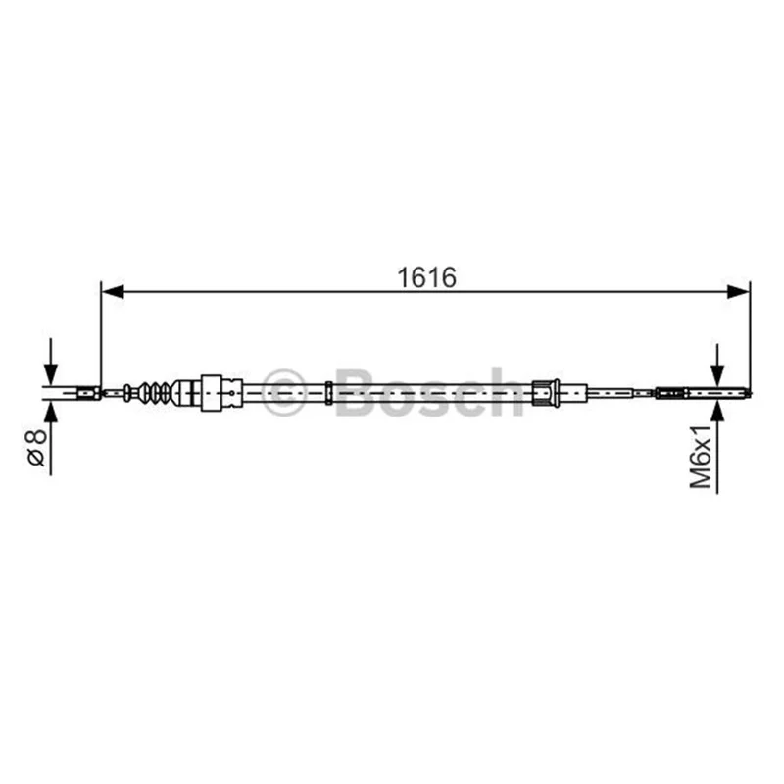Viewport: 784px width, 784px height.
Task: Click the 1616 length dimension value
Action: click(426, 277)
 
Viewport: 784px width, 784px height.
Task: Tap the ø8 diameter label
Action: click(37, 447)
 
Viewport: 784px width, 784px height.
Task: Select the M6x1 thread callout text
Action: click(701, 457)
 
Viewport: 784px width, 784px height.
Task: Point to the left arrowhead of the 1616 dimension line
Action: click(113, 291)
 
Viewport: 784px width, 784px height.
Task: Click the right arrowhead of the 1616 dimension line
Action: click(738, 291)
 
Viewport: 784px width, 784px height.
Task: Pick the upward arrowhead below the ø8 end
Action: click(51, 412)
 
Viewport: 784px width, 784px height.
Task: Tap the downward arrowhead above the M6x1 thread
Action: click(717, 375)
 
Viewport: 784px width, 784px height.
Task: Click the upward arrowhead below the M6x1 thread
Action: click(717, 410)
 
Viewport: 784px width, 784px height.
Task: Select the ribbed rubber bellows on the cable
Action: click(154, 393)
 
